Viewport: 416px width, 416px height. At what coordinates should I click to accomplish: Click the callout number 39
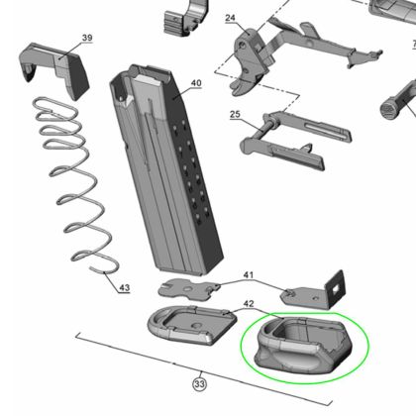[x=87, y=38]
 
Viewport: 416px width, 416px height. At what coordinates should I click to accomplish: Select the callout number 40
[x=196, y=83]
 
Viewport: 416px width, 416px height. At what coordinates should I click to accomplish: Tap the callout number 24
[x=230, y=18]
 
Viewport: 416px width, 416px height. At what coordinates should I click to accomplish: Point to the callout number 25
[x=235, y=114]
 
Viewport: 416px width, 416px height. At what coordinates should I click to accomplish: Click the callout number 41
[x=249, y=274]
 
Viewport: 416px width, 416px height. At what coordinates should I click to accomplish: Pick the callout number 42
[x=249, y=303]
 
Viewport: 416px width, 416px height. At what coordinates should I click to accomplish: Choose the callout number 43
[x=124, y=287]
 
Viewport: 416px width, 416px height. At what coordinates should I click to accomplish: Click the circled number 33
[x=199, y=384]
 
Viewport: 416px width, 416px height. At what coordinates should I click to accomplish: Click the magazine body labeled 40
[x=165, y=168]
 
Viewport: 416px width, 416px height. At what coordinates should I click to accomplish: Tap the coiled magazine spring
[x=74, y=185]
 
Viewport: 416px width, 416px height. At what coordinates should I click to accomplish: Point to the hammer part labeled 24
[x=249, y=61]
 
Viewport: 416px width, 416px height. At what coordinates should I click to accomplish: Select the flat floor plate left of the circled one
[x=191, y=325]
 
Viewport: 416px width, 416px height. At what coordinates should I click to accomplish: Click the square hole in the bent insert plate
[x=336, y=290]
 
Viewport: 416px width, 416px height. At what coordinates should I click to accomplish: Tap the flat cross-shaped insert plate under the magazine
[x=189, y=289]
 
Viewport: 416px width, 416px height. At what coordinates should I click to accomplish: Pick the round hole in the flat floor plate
[x=197, y=326]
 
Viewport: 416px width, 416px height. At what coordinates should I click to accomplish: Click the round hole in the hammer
[x=243, y=46]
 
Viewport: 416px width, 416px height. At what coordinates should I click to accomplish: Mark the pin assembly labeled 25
[x=295, y=141]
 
